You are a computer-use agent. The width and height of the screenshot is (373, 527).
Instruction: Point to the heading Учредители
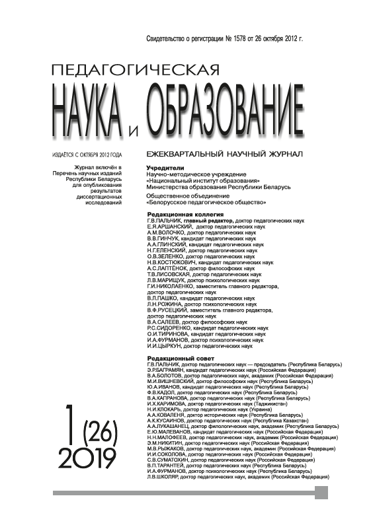coord(165,168)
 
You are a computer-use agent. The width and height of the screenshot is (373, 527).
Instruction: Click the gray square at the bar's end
coord(321,492)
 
